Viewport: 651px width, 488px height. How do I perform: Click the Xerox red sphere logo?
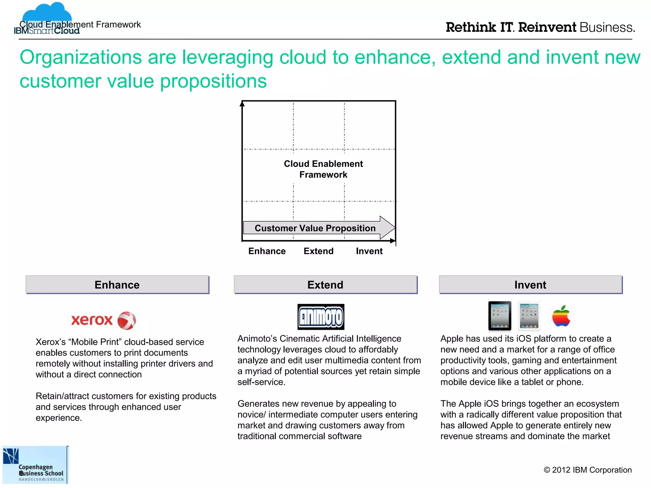[127, 320]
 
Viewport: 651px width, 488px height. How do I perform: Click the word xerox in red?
[92, 320]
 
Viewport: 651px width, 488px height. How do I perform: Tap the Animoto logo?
[321, 317]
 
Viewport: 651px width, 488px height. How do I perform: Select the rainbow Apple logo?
[561, 316]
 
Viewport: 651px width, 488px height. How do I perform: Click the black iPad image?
[500, 316]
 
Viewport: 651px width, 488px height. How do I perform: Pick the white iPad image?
[529, 316]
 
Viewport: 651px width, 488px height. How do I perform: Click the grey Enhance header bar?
[117, 285]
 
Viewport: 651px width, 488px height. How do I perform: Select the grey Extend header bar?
[325, 285]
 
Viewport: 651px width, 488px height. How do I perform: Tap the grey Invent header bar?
[531, 285]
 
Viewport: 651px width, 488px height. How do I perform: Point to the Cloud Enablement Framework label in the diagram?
[323, 169]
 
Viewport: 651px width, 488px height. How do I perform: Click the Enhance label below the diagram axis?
[267, 251]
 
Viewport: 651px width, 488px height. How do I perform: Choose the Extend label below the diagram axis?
[319, 251]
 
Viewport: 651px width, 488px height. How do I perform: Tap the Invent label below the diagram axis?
[369, 251]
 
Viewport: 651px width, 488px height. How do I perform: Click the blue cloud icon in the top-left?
[47, 13]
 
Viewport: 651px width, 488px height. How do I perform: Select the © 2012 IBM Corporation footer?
[588, 470]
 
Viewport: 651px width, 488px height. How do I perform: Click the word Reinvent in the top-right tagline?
[547, 27]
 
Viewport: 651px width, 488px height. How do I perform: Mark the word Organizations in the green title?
[81, 58]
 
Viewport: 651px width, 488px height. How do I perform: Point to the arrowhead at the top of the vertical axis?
[242, 104]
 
